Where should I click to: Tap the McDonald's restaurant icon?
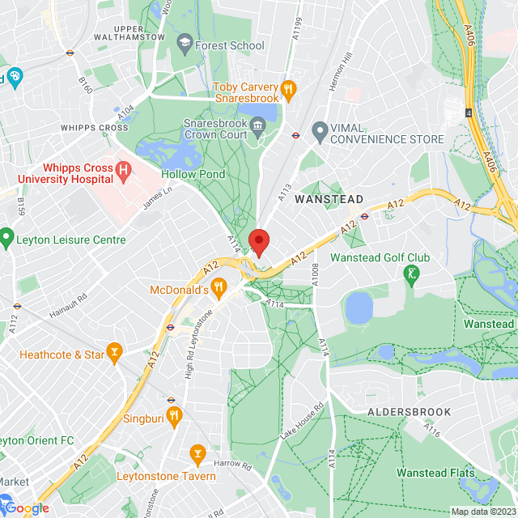pos(219,288)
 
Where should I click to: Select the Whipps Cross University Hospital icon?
pos(123,170)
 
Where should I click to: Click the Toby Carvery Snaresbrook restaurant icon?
pos(287,87)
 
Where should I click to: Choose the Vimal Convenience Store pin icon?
pos(320,130)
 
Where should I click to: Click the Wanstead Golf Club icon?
pos(411,274)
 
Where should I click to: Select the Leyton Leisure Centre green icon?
pos(7,239)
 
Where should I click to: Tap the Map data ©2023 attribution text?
pos(482,512)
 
